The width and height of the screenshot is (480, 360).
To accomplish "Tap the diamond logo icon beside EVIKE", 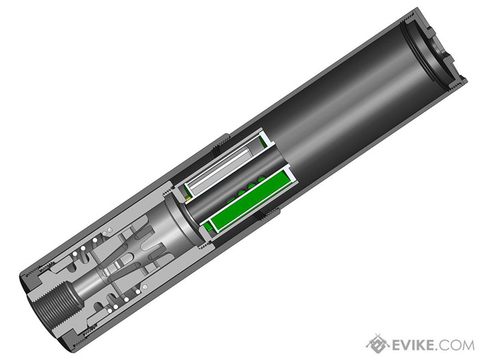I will click(x=376, y=343).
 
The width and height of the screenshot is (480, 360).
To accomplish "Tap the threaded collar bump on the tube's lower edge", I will click(x=265, y=214).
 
